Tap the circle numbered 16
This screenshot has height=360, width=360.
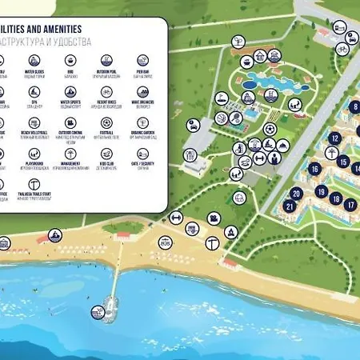pyautogui.click(x=315, y=168)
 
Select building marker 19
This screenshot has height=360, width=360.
pyautogui.click(x=321, y=192)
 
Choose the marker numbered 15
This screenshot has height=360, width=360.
pyautogui.click(x=342, y=162)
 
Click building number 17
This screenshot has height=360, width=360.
pyautogui.click(x=350, y=204)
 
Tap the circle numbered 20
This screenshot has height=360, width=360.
pyautogui.click(x=298, y=193)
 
